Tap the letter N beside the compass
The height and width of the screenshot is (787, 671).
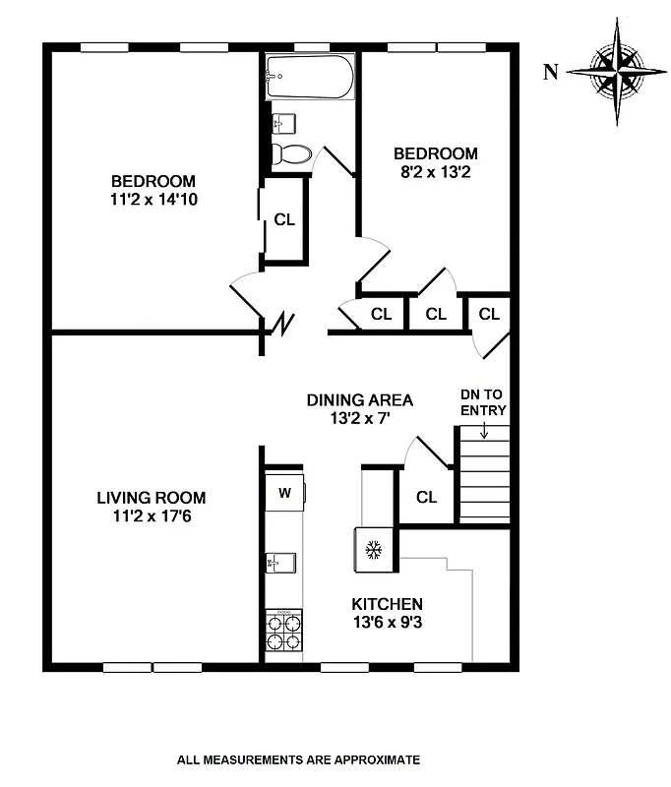tap(551, 70)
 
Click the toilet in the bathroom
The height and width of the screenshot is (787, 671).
tap(291, 153)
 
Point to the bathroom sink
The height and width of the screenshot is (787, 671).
tap(282, 122)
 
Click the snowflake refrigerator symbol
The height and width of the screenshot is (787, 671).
tap(373, 549)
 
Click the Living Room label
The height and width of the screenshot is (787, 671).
tap(151, 498)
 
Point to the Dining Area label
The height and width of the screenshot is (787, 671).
tap(359, 400)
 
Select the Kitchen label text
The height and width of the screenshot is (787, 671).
tap(388, 603)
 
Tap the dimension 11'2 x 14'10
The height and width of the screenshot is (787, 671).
tap(152, 199)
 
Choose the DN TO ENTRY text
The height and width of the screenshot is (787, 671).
tap(483, 402)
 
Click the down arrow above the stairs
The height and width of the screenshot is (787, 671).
tap(484, 430)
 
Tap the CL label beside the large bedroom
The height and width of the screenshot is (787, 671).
tap(284, 220)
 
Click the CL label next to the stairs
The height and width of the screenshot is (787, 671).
tap(426, 497)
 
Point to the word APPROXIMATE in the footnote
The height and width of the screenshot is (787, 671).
tap(374, 759)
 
